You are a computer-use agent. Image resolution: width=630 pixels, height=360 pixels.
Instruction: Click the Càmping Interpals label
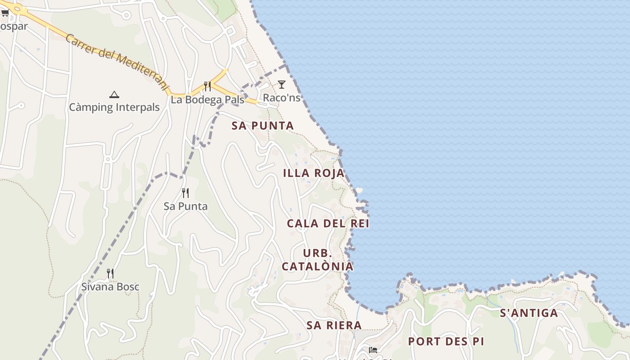[114, 107]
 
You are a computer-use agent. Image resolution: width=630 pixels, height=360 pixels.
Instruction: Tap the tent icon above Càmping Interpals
[114, 94]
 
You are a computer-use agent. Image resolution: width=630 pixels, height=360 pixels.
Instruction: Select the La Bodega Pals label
[207, 99]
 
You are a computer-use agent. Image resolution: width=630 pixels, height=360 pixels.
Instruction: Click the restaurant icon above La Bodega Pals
[207, 86]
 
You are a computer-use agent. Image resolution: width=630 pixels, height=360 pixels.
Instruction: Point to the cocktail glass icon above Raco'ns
[282, 84]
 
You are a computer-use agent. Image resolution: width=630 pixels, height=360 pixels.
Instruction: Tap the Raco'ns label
[282, 98]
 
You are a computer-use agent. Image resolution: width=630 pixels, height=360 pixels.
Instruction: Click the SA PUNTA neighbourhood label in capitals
[263, 126]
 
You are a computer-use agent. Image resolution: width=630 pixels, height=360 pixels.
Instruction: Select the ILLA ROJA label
[314, 173]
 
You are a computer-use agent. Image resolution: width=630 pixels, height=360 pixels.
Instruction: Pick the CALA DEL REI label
[328, 224]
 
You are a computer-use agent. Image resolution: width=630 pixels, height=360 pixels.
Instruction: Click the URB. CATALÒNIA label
[318, 260]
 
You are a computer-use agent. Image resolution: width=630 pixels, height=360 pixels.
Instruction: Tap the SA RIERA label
[334, 325]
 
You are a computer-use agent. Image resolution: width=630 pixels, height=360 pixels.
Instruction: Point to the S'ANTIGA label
[529, 313]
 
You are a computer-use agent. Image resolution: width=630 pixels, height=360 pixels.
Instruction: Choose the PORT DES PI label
[446, 342]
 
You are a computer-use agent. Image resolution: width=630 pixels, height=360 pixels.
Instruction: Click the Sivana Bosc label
[110, 287]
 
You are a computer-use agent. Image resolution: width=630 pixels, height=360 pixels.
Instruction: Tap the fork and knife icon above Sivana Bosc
[110, 273]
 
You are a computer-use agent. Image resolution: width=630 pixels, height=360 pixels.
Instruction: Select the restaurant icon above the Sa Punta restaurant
[185, 193]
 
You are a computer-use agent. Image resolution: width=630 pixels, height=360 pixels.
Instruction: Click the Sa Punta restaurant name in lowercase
[185, 207]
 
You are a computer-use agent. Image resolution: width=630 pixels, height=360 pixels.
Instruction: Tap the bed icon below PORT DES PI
[373, 350]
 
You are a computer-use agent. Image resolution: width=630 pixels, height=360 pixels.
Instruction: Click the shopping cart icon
[5, 13]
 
